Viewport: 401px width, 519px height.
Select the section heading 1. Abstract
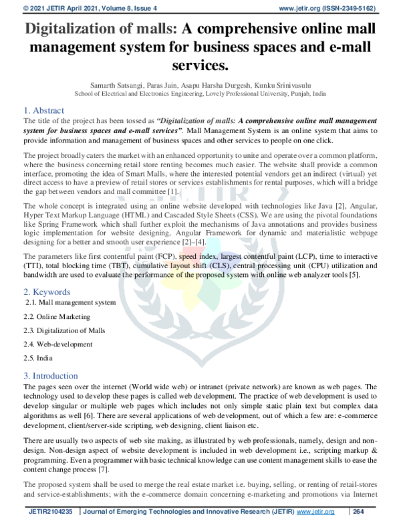pyautogui.click(x=43, y=110)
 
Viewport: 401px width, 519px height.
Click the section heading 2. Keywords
pyautogui.click(x=46, y=292)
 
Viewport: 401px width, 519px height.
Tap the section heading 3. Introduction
pyautogui.click(x=51, y=376)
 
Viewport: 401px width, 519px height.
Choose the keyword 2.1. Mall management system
pyautogui.click(x=70, y=302)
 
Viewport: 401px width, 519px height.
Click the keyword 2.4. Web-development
pyautogui.click(x=58, y=344)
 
